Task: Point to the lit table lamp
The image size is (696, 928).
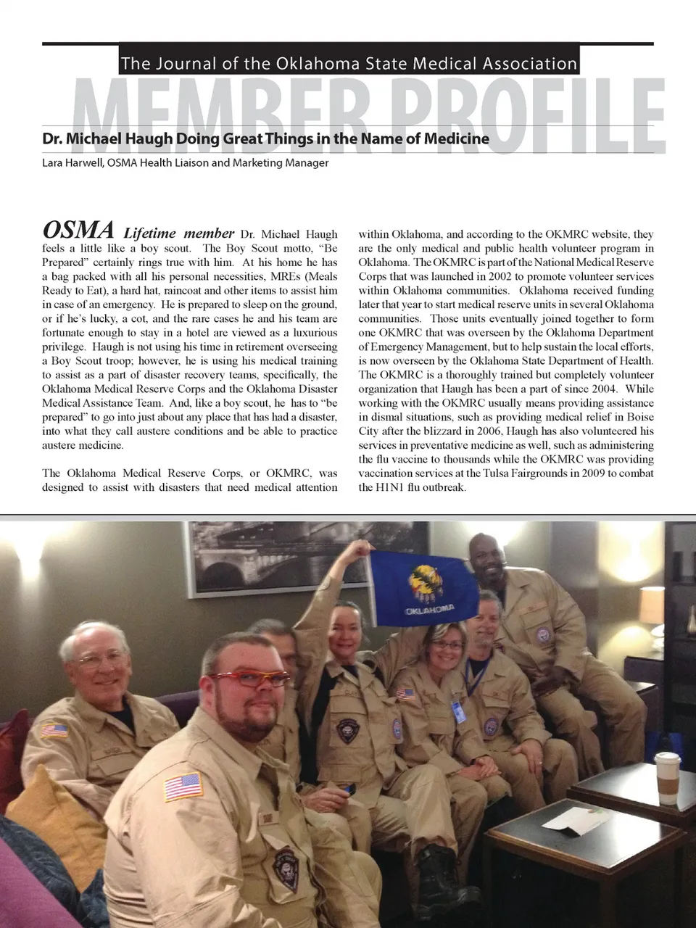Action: [x=651, y=605]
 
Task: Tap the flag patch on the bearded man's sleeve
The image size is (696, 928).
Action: [x=182, y=787]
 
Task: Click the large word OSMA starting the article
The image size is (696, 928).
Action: [x=78, y=231]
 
